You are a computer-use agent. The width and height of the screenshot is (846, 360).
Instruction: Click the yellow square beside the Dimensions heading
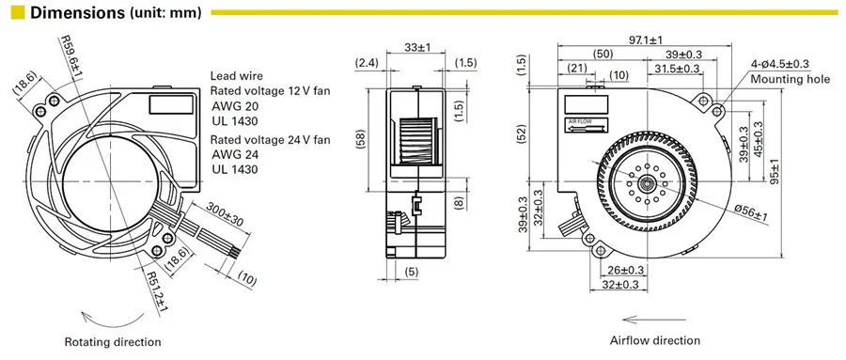18,12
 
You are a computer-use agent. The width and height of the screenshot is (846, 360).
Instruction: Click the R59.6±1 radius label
71,57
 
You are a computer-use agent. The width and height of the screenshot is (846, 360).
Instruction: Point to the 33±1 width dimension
417,48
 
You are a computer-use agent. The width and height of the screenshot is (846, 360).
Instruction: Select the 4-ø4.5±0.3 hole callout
780,64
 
